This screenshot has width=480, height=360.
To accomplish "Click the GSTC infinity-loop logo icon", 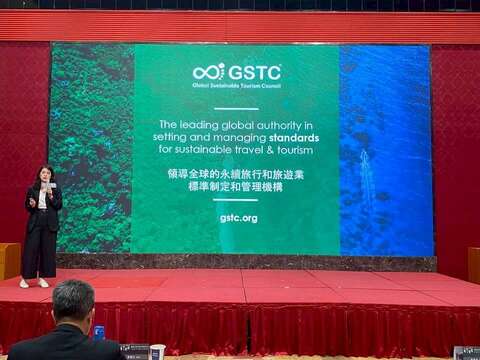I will [209, 71].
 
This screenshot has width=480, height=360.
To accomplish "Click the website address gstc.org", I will [238, 217].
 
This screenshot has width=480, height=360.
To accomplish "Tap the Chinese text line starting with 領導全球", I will [238, 173].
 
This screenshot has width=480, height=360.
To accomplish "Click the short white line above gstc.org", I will [238, 201].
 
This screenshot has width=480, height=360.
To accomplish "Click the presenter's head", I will [44, 174].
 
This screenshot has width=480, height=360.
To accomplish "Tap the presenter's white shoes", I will [34, 283].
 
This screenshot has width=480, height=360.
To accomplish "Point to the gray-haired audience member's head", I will [73, 300].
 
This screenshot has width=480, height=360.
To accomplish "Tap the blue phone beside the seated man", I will [98, 332].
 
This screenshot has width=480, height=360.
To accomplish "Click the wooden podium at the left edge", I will [9, 260].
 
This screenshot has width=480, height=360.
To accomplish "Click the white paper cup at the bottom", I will [157, 352].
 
